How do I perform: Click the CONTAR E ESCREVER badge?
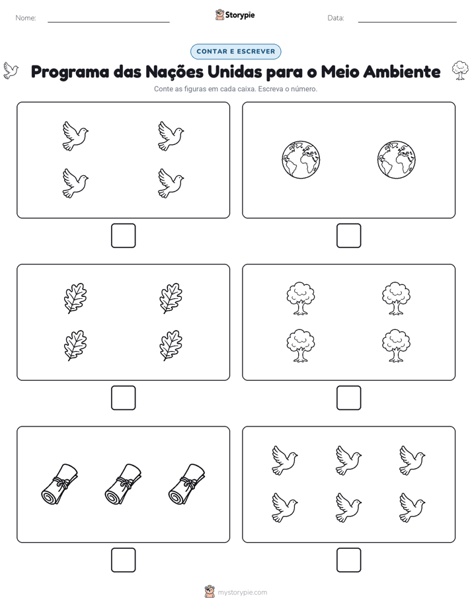235,52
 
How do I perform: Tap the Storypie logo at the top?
235,15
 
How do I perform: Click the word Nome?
26,18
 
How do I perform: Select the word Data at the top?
336,18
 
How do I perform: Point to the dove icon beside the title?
11,71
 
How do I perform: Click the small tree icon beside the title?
460,71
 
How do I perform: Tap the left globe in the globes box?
301,160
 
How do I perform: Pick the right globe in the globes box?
397,160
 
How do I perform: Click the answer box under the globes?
349,236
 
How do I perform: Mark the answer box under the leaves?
124,398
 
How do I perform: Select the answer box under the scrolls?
124,560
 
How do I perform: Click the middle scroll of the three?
123,484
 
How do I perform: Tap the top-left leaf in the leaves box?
75,298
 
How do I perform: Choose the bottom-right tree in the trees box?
396,346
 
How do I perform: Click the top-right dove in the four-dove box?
171,136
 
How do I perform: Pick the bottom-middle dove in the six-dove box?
348,507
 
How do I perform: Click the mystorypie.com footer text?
242,592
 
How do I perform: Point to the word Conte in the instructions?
163,89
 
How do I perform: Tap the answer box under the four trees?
349,398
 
